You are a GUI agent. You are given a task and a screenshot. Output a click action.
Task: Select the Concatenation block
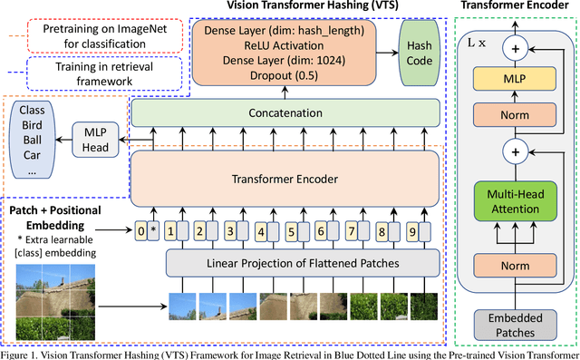285,113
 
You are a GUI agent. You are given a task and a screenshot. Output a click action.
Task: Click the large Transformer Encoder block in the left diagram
285,179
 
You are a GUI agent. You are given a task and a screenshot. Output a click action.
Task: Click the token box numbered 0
140,230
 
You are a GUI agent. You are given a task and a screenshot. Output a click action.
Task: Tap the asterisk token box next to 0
154,230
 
